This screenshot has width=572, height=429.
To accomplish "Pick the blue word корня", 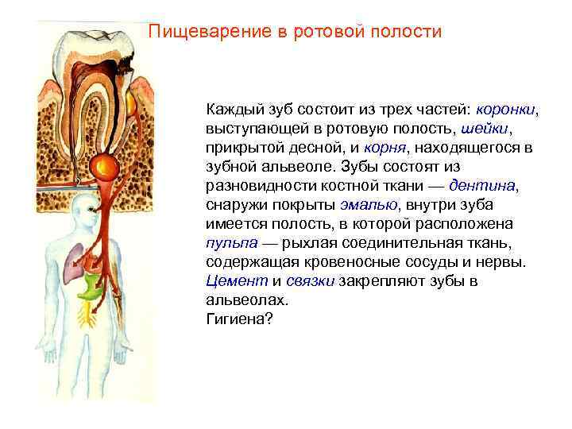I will (x=385, y=147).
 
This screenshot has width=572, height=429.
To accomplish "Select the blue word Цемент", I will (x=236, y=280).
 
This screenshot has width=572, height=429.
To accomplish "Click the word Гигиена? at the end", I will (x=238, y=319).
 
